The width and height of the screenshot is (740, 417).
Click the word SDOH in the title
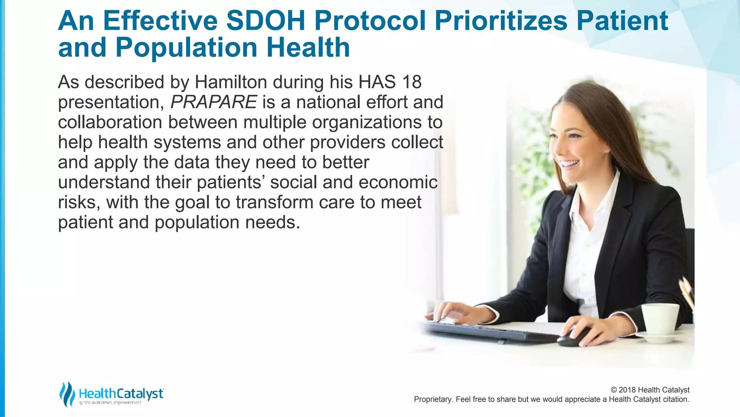tap(266, 21)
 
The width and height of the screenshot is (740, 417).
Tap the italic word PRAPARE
tap(214, 102)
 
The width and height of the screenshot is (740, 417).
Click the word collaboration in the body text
tap(110, 122)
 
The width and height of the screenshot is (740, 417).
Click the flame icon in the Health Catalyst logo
tap(67, 394)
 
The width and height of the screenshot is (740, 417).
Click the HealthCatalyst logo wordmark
tap(121, 393)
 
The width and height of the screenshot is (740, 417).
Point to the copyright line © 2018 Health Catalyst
tap(650, 390)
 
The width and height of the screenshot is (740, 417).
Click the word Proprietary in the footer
tap(432, 399)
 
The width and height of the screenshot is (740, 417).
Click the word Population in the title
tap(186, 48)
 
